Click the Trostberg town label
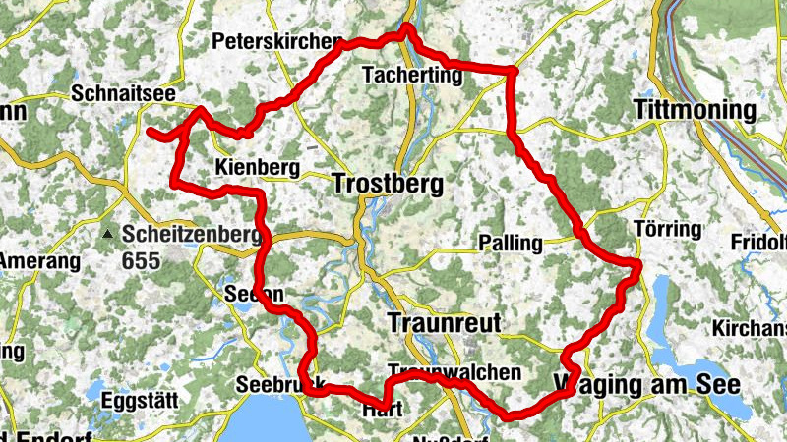click(x=388, y=184)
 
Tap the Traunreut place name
click(x=446, y=323)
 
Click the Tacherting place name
click(x=412, y=75)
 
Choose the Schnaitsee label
click(x=124, y=93)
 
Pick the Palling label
click(x=510, y=243)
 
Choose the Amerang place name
click(x=37, y=261)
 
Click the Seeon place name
click(x=254, y=294)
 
